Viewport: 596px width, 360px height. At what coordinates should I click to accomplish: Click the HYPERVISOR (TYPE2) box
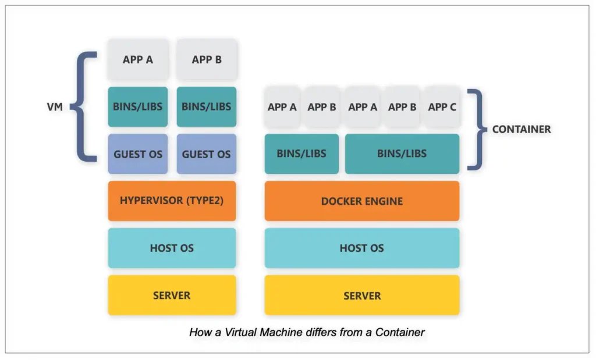coord(172,201)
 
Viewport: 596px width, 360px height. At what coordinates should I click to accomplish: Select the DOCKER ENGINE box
coord(361,201)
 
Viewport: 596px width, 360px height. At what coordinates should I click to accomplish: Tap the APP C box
coord(442,107)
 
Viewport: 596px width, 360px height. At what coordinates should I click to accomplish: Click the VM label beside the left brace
coord(55,107)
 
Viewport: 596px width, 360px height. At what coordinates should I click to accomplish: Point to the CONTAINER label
coord(521,129)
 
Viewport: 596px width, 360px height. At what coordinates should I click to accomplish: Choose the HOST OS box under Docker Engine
coord(361,248)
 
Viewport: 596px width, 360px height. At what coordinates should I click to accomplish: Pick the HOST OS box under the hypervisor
coord(172,248)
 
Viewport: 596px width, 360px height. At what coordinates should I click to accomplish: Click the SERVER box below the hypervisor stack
coord(172,295)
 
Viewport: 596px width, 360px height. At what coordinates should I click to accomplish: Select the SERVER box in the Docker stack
coord(361,295)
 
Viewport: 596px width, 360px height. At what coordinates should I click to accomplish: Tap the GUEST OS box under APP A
coord(138,154)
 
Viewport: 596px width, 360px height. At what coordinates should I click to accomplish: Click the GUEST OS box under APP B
coord(207,154)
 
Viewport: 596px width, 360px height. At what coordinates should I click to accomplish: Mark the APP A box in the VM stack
coord(138,59)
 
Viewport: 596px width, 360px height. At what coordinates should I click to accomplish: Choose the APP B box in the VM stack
coord(207,59)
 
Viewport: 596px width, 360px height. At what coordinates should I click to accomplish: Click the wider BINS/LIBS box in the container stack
coord(402,154)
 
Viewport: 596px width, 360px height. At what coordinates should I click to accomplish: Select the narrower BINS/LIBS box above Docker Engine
coord(301,154)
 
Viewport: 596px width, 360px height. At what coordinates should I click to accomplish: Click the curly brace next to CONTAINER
coord(480,129)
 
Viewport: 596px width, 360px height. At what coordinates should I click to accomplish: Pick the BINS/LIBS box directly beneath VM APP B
coord(207,107)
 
